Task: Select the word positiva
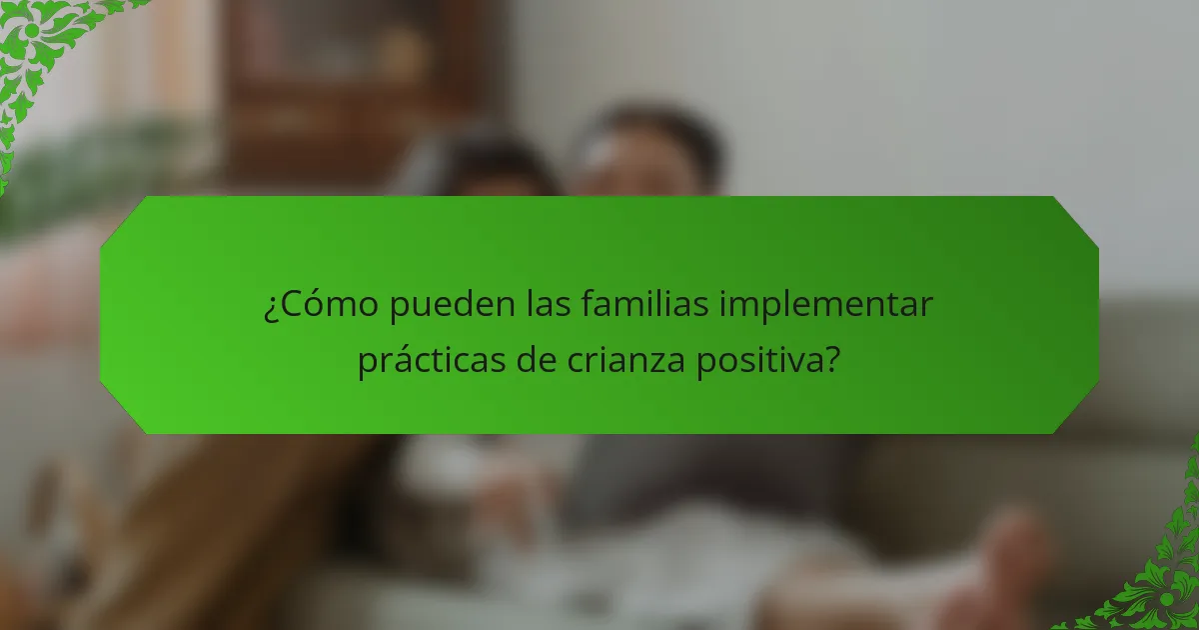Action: (x=758, y=361)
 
